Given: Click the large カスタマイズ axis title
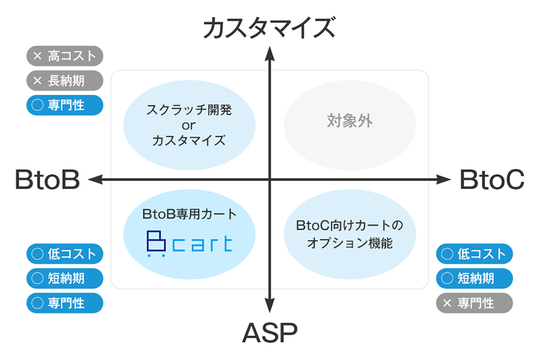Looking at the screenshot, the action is (269, 28).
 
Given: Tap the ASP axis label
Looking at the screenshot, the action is (269, 333).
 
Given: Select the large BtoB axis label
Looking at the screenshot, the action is (47, 179).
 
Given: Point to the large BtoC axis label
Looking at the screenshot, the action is (492, 179).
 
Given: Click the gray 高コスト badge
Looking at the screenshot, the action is (65, 56).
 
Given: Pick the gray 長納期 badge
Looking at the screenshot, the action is (65, 80).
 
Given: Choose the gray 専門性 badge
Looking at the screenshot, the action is (474, 303).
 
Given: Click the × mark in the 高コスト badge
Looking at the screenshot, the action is (37, 56).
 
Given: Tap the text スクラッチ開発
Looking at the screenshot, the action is (189, 110).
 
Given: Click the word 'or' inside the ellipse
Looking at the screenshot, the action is (189, 126).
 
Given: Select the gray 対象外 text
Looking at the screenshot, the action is (350, 121).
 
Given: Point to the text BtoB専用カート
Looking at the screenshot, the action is (189, 214).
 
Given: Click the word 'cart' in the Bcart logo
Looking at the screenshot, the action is (202, 244).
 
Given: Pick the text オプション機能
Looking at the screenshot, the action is (350, 243).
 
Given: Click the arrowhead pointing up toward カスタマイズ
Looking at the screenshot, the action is (269, 54).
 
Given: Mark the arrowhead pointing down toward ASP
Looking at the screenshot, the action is (269, 305).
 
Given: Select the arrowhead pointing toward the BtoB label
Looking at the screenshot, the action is (96, 179).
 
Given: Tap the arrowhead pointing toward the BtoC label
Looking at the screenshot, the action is (443, 179).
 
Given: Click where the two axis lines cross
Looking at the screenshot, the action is (269, 179).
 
